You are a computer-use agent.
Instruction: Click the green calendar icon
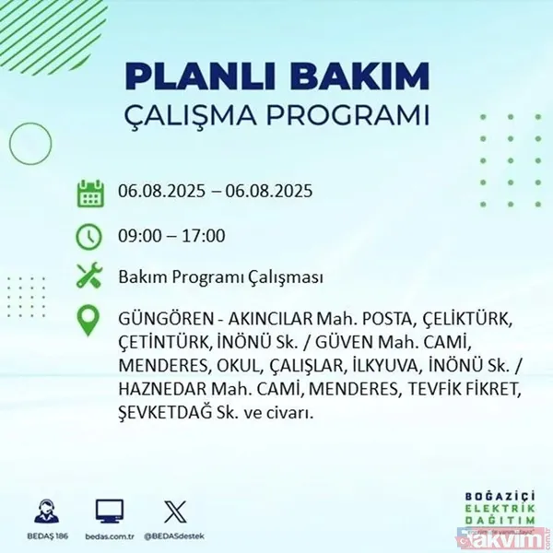click(89, 194)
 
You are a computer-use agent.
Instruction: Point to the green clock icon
click(89, 236)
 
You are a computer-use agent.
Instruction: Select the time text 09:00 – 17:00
click(171, 236)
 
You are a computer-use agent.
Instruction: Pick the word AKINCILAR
click(265, 319)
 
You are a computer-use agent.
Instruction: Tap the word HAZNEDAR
click(161, 390)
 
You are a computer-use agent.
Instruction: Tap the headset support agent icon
click(43, 510)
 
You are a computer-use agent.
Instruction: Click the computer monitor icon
click(109, 510)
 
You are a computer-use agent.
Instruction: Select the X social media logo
click(175, 510)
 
